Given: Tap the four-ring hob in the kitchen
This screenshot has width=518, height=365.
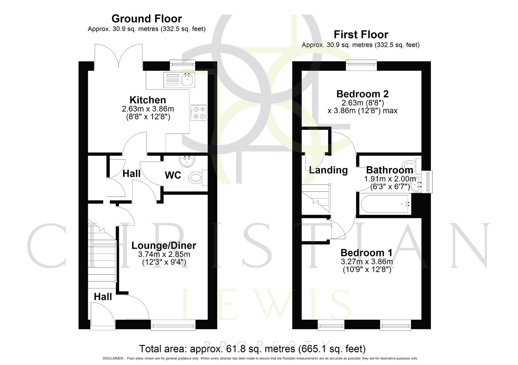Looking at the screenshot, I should pos(199,113).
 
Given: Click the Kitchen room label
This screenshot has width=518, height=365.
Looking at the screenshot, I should pos(148,100).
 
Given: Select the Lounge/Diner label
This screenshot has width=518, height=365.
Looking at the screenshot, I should pos(164,246).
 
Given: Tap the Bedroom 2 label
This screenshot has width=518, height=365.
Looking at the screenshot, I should pos(362,94).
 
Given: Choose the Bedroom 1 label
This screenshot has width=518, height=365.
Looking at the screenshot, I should pos(366,253).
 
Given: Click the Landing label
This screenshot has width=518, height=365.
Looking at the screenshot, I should pos(328,170).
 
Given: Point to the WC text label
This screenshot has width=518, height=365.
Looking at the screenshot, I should pos(173,175).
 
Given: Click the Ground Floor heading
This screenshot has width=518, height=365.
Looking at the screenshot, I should pos(146,19).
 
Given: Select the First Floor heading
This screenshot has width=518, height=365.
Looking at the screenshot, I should pos(361,34).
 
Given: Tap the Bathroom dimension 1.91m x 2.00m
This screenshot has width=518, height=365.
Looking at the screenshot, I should pos(390,179).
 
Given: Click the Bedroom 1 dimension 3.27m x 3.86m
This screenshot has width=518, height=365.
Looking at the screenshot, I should pos(367,262).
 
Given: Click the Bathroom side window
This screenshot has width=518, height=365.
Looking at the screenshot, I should pos(429,182).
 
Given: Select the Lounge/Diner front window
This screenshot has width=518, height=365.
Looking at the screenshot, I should pos(173,325).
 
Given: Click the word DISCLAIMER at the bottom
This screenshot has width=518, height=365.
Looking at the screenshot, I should pos(114,359).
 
